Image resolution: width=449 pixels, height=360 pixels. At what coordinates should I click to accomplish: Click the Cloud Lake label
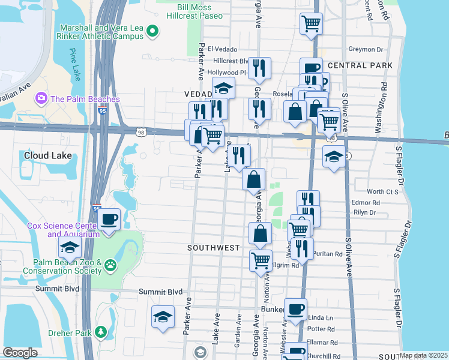coord(48,156)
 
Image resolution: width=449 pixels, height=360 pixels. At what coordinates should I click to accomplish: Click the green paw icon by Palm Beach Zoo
coord(110,265)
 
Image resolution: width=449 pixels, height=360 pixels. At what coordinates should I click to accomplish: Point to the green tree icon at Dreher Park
coord(101,332)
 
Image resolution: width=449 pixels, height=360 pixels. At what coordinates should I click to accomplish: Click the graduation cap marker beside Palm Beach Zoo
coord(70,246)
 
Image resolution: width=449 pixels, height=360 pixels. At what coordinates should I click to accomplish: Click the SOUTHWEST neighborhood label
coord(213,247)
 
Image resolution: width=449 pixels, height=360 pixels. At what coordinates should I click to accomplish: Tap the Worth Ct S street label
coord(382,192)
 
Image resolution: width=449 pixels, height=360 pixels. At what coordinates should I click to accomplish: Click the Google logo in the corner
coord(20,353)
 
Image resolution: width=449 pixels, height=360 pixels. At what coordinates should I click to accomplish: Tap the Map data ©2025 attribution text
coord(423,355)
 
